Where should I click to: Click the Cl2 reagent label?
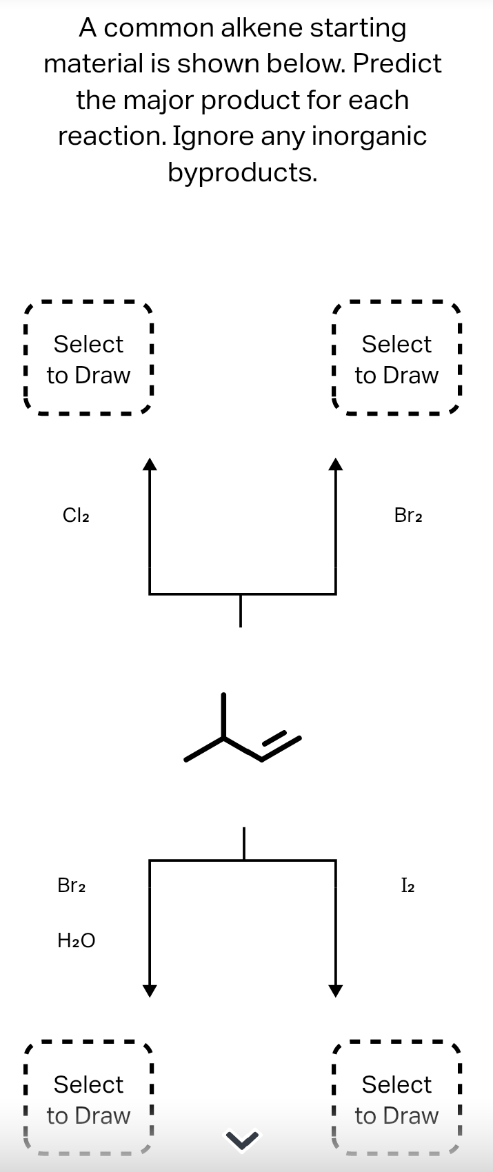pyautogui.click(x=76, y=515)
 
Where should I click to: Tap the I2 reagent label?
pyautogui.click(x=408, y=885)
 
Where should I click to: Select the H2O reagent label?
pyautogui.click(x=77, y=939)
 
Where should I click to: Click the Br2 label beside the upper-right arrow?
pyautogui.click(x=408, y=515)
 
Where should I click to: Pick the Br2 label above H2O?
pyautogui.click(x=72, y=885)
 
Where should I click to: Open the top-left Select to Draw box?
pyautogui.click(x=88, y=359)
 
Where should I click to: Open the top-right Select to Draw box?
pyautogui.click(x=396, y=359)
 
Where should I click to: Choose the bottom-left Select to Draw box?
pyautogui.click(x=88, y=1100)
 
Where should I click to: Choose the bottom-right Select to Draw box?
pyautogui.click(x=396, y=1100)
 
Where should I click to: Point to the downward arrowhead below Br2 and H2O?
pyautogui.click(x=150, y=991)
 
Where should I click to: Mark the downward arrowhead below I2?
pyautogui.click(x=335, y=991)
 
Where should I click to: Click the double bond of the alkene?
pyautogui.click(x=281, y=747)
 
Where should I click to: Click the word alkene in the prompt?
pyautogui.click(x=261, y=28)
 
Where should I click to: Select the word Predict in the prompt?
pyautogui.click(x=397, y=64)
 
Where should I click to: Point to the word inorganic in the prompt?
pyautogui.click(x=369, y=136)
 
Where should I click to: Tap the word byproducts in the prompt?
pyautogui.click(x=242, y=172)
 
